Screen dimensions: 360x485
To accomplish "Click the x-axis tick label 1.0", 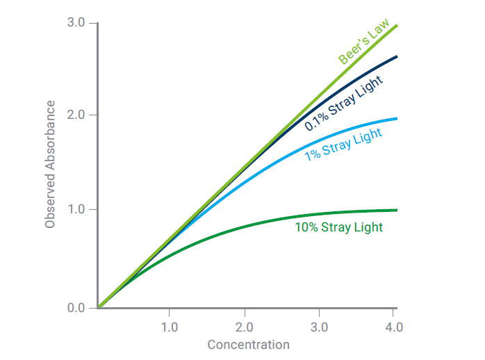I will (169, 326).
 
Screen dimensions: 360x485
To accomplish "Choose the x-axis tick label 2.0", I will (244, 326).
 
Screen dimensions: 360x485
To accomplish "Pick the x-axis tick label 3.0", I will (319, 326).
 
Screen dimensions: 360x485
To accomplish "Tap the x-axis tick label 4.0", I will (393, 326).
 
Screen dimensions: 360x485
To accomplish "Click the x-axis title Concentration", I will (248, 345).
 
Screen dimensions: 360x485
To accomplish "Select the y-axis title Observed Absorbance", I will (50, 165).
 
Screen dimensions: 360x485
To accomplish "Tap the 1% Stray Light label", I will (343, 145).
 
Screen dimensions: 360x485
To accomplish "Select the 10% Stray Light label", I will (338, 227).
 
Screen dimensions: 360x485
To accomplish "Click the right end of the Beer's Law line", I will (397, 25).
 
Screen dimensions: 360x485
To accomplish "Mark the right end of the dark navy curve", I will (397, 56).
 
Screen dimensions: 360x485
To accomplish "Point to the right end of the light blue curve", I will (397, 118).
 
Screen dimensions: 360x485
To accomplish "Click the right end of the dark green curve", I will (397, 210).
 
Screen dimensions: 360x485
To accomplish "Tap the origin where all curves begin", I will (99, 306).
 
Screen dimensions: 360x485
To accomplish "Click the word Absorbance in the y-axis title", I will (50, 142).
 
